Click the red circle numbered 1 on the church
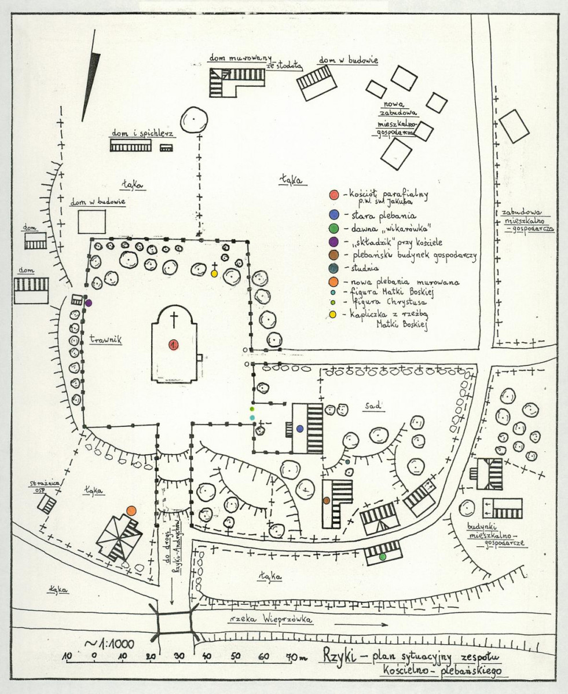(x=173, y=345)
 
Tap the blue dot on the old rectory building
(x=300, y=428)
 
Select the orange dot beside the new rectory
(x=131, y=510)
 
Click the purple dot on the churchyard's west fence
(x=89, y=303)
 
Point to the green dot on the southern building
(x=383, y=556)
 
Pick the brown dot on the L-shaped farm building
(x=327, y=500)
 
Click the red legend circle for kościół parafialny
(x=334, y=195)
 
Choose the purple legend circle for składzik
(x=334, y=242)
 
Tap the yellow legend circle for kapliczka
(x=332, y=314)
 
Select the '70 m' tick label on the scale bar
(x=296, y=656)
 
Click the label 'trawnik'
(x=105, y=340)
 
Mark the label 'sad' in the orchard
(x=373, y=405)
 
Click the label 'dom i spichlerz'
(x=142, y=133)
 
